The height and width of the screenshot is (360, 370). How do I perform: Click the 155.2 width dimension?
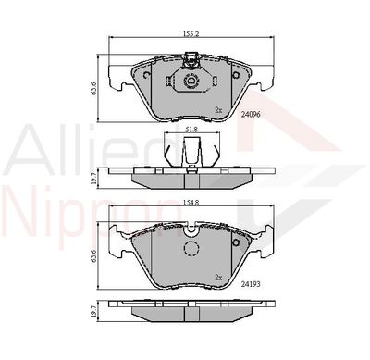pos(191,33)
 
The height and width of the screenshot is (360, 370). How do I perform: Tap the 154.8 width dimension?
pos(191,203)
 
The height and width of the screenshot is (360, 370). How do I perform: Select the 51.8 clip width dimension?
pos(191,130)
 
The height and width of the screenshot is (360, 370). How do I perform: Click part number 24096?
pos(251,115)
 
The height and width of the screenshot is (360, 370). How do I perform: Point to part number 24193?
pos(251,284)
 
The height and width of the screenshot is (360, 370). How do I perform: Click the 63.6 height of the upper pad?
pos(93,89)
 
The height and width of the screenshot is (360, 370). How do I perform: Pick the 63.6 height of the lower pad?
pos(93,255)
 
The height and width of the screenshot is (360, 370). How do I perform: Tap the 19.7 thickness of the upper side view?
pos(93,178)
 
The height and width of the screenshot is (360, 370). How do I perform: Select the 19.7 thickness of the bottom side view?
pos(93,311)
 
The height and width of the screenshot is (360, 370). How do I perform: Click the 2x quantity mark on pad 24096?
pos(218,110)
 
